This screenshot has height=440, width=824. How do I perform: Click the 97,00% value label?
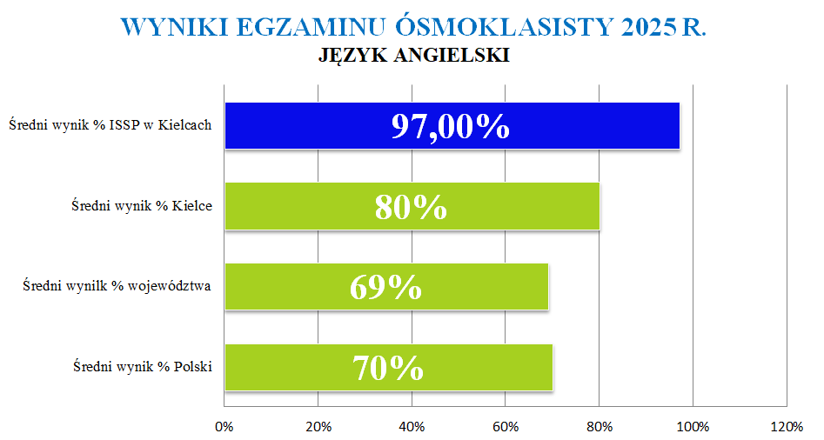pyautogui.click(x=450, y=126)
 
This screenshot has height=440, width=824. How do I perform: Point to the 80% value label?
pyautogui.click(x=411, y=207)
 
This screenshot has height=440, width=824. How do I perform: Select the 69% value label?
pyautogui.click(x=385, y=287)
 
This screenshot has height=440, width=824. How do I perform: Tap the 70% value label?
pyautogui.click(x=388, y=368)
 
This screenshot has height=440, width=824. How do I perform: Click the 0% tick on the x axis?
pyautogui.click(x=224, y=427)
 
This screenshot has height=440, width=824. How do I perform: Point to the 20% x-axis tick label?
pyautogui.click(x=318, y=427)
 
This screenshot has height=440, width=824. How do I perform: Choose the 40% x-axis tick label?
pyautogui.click(x=412, y=427)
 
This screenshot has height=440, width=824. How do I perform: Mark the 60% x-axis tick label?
pyautogui.click(x=506, y=427)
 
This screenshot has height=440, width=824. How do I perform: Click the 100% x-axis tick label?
pyautogui.click(x=693, y=427)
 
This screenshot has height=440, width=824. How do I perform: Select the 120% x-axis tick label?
pyautogui.click(x=787, y=427)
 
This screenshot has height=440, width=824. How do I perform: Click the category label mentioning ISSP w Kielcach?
pyautogui.click(x=111, y=125)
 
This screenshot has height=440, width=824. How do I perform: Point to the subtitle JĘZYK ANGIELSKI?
pyautogui.click(x=413, y=56)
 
